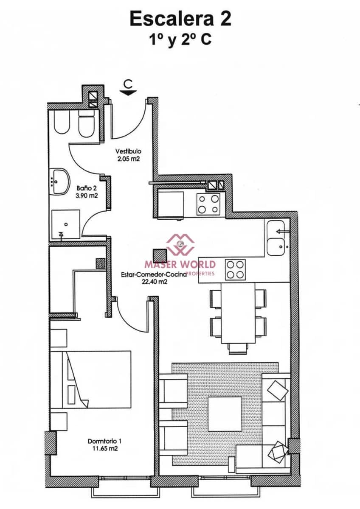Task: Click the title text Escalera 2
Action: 180,19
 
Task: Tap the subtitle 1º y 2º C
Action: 180,40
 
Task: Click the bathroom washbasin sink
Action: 60,179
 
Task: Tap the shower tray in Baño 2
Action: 66,224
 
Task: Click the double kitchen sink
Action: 278,238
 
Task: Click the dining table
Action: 238,312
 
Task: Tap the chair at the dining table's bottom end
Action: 238,348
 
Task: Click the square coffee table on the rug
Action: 224,414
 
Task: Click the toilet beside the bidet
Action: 86,124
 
